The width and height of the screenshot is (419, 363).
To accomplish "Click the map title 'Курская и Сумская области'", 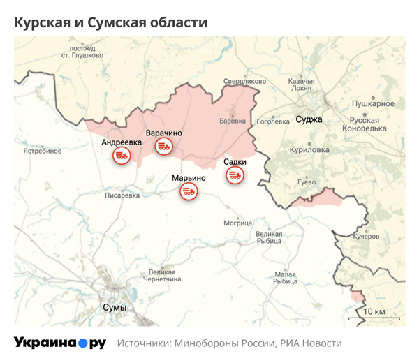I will pos(111,22).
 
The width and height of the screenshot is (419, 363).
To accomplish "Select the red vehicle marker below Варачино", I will pos(164,146).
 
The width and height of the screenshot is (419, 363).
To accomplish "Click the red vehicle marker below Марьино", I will pos(189,191).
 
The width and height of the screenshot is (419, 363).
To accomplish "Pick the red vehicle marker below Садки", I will pos(235,175).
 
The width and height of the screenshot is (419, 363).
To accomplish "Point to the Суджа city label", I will pos(309,119).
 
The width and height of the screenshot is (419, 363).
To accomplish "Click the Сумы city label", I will pos(114,306).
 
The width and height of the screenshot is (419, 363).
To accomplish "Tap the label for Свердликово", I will pos(244,82).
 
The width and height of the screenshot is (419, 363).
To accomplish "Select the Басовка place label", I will pos(233,120).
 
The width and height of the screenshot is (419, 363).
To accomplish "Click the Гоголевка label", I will pos(273,121).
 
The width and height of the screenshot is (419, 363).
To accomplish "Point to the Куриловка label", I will pos(309,149).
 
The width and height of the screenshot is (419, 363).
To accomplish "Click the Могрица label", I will pos(237,223).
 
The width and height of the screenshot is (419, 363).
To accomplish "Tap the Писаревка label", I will pos(122,196).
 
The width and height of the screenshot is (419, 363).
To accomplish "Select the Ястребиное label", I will pos(43,151).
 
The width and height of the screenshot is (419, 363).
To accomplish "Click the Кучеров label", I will pos(366,237).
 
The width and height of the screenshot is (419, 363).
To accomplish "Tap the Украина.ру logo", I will pos(60,343).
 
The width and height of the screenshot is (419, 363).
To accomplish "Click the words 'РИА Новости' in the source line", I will pos(311,343).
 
